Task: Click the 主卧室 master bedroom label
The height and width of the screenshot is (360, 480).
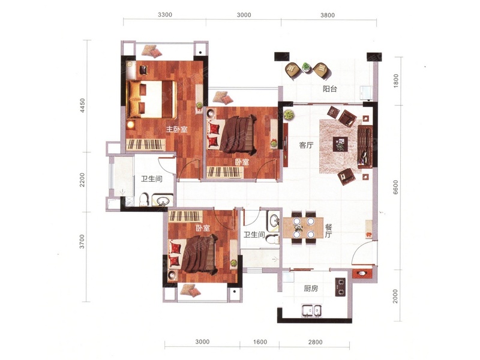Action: [176, 130]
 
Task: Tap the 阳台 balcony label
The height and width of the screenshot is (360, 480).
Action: [330, 89]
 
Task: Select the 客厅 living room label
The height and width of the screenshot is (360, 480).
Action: [306, 145]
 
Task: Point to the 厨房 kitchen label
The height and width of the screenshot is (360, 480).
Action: [311, 289]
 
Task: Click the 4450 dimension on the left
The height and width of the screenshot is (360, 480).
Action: [82, 105]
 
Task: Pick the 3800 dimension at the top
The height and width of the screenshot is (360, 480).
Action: [328, 15]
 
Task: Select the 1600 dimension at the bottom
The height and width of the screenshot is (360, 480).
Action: [260, 341]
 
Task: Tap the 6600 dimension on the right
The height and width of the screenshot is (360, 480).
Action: [395, 187]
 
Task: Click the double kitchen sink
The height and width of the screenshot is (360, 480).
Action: [311, 310]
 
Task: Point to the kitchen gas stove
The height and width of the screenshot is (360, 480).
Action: [340, 287]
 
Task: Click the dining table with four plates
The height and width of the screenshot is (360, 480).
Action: [304, 227]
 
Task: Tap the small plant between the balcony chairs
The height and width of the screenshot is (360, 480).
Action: [305, 67]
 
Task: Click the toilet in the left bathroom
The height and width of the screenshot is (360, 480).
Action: [144, 199]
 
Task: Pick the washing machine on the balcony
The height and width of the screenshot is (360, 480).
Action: [366, 93]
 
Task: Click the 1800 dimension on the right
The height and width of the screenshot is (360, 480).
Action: [396, 81]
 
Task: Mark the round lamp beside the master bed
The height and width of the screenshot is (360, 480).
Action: [131, 125]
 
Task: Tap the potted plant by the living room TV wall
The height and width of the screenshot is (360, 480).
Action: [289, 115]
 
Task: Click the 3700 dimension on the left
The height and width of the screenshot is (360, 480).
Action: [82, 241]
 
